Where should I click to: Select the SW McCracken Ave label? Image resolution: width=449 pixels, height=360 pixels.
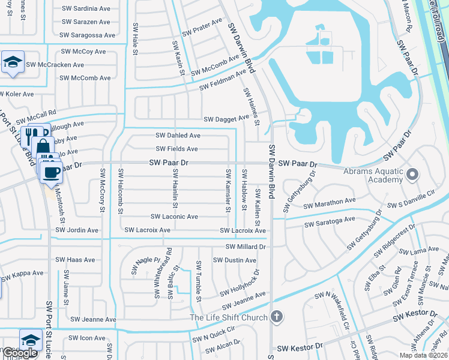55,65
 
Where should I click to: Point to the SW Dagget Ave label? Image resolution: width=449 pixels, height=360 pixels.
226,119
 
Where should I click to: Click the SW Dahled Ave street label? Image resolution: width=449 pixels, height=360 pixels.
178,136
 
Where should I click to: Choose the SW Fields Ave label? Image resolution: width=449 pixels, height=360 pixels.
176,149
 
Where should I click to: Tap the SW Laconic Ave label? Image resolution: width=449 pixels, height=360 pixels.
174,217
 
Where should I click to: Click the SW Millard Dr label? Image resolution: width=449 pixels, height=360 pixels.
246,247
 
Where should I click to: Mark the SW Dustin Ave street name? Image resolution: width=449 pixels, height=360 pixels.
235,260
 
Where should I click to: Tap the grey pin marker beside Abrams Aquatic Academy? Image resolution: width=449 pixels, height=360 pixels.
412,175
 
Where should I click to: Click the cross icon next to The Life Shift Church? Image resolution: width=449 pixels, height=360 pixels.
276,316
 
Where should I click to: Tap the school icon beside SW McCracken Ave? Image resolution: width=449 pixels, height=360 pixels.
12,62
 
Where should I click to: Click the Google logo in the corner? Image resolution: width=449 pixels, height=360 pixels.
20,353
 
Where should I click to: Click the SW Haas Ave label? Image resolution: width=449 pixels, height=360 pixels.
75,260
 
